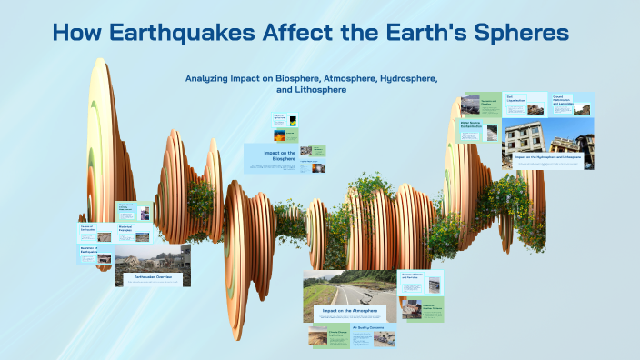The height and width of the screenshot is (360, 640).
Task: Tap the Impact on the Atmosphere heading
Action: pyautogui.click(x=345, y=310)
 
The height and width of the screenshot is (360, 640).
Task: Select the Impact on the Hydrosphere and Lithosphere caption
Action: pyautogui.click(x=547, y=157)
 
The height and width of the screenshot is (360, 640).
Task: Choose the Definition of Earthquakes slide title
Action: pyautogui.click(x=89, y=250)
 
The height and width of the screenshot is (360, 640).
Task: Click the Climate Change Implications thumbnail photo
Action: pyautogui.click(x=319, y=338)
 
